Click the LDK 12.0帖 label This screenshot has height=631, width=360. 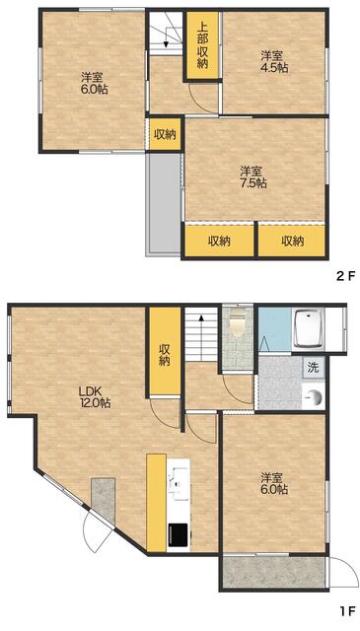tap(95, 396)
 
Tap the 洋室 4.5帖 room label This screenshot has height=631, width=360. tap(274, 61)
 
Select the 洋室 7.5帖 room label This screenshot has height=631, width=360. tap(252, 177)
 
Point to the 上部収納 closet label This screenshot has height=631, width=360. tap(202, 44)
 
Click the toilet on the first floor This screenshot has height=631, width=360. tap(237, 322)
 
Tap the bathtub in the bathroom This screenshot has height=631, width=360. tap(308, 328)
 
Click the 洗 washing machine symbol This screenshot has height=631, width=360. tap(314, 367)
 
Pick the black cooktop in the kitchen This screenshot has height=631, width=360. tap(179, 534)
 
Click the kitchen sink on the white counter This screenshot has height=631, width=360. tap(179, 483)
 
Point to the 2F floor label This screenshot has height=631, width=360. tap(346, 276)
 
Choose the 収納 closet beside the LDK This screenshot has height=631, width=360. tap(165, 351)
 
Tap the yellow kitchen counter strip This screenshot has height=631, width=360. tap(157, 503)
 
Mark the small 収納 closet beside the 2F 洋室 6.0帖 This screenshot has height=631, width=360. tap(165, 134)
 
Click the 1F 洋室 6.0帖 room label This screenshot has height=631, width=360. tap(274, 484)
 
